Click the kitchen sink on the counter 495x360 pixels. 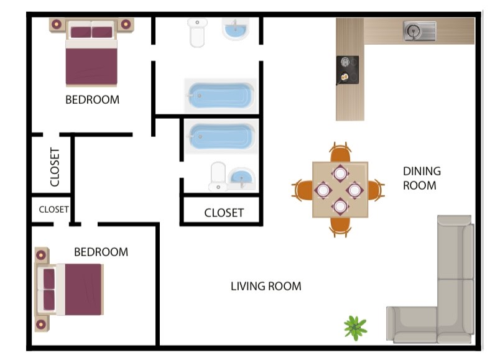point(420,30)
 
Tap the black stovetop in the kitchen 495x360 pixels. point(347,70)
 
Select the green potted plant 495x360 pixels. point(355,327)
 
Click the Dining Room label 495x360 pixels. point(421,178)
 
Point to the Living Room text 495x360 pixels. point(266,287)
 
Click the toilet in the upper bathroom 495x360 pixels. point(197,32)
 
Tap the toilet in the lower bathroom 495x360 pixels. point(218,177)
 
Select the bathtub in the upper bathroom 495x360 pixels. point(219,96)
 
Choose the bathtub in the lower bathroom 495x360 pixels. point(221,138)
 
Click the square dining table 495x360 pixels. point(340,189)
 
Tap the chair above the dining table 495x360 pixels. point(340,152)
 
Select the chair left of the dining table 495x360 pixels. point(302,189)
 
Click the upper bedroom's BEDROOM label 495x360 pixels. point(92,99)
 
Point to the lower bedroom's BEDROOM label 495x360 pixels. point(101,252)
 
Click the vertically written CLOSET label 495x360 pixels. point(54,167)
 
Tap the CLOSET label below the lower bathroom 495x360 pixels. point(224,213)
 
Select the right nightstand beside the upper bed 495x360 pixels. point(126,25)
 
